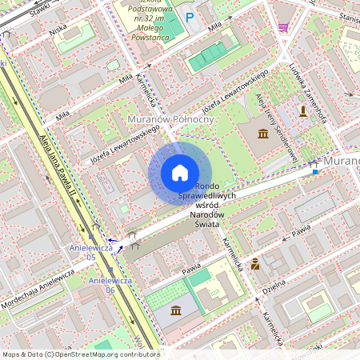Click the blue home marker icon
tap(180, 173)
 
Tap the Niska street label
tap(58, 31)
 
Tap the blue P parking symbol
tap(190, 17)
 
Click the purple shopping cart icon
tap(283, 26)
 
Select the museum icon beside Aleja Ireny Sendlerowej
tap(263, 132)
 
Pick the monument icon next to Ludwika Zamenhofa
tap(303, 110)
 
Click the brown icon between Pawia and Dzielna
tap(255, 263)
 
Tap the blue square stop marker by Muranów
tap(315, 170)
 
